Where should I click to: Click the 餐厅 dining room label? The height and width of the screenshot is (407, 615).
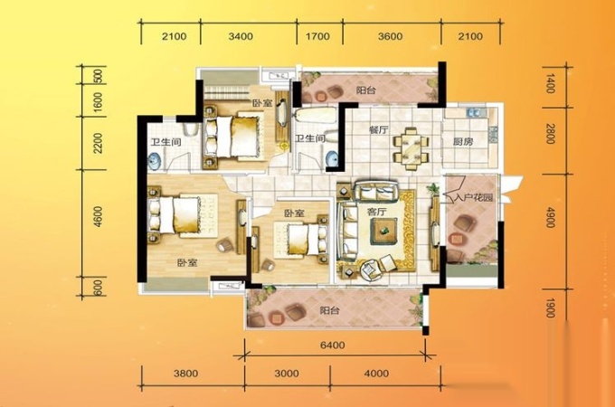[379, 130]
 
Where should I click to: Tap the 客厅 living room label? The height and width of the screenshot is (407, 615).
[376, 213]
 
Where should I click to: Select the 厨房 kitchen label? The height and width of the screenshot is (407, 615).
[463, 142]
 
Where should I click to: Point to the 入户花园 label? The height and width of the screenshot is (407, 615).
[472, 197]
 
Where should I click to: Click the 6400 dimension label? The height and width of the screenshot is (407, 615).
[333, 345]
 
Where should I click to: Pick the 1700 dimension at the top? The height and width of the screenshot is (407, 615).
[317, 36]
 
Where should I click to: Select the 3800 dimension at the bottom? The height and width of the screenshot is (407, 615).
[186, 374]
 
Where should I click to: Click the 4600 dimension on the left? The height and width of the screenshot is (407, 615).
[98, 217]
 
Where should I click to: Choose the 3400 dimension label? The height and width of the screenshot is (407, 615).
[241, 36]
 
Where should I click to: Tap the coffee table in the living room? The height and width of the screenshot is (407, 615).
[383, 232]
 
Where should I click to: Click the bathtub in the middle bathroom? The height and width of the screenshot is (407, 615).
[315, 115]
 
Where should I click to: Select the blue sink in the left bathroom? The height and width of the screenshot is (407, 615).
[155, 161]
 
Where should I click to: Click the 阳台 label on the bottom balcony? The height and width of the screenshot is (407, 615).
[330, 310]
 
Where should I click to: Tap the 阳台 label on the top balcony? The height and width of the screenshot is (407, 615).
[366, 90]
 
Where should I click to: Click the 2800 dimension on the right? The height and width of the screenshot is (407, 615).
[550, 134]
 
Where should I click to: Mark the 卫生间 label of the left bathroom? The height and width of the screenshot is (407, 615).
[166, 142]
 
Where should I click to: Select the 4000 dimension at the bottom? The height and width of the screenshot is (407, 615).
[376, 374]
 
